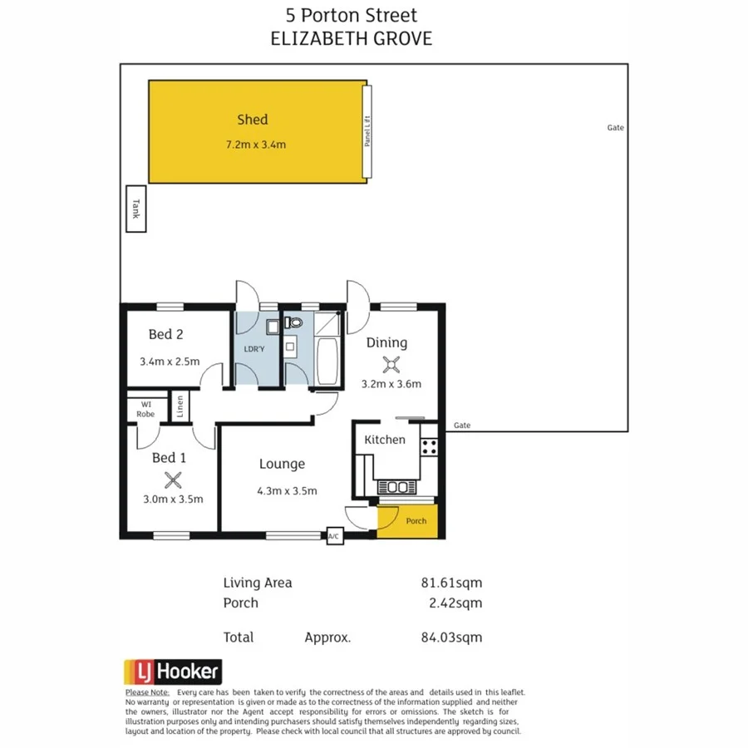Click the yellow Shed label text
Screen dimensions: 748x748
coord(252,120)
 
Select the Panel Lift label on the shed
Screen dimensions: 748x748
coord(367,131)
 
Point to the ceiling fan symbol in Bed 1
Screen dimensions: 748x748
coord(173,479)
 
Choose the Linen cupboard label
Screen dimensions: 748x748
coord(180,406)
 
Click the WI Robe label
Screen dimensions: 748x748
coord(145,409)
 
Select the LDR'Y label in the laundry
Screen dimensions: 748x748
coord(254,348)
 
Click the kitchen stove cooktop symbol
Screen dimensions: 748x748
coord(430,445)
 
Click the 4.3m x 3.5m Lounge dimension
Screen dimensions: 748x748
coord(287,490)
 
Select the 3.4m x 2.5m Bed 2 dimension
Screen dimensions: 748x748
coord(170,362)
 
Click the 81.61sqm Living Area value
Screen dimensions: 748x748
coord(451,583)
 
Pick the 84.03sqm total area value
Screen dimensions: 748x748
coord(451,637)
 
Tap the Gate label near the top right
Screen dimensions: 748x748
coord(615,128)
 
